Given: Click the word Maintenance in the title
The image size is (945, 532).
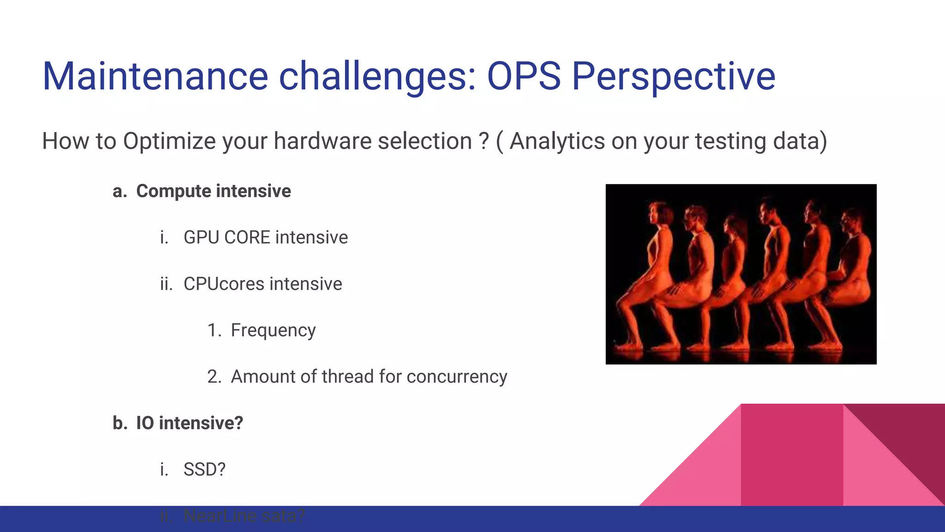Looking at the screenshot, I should (x=155, y=76).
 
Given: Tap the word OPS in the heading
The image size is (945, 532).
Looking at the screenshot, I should (x=524, y=76).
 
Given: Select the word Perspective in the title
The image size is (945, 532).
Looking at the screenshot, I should (x=674, y=76).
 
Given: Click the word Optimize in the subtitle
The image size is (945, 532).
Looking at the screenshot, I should (x=169, y=141).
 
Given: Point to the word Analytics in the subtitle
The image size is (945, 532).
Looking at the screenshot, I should (x=556, y=141).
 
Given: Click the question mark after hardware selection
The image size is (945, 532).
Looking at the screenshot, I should (x=484, y=141).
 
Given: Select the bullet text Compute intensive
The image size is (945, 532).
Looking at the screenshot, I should (x=213, y=191).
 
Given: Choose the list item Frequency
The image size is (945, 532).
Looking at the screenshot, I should (x=273, y=330).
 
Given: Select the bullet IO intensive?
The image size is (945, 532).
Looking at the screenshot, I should (x=189, y=423).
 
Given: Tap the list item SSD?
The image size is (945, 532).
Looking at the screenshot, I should (x=204, y=470).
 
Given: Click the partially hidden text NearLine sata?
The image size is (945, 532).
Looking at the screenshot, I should (x=244, y=516).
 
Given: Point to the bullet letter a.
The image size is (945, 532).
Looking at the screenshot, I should (x=120, y=191).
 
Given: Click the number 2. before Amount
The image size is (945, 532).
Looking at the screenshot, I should (x=214, y=377).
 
